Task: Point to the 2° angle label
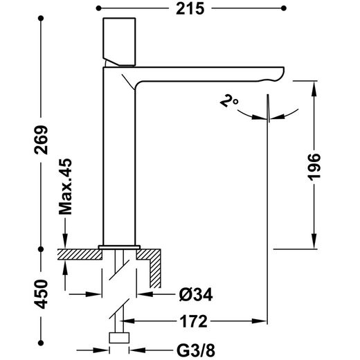[x=229, y=102]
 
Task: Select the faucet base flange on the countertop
[x=119, y=246]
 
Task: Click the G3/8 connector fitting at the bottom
[x=120, y=339]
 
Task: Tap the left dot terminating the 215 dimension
[x=99, y=8]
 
